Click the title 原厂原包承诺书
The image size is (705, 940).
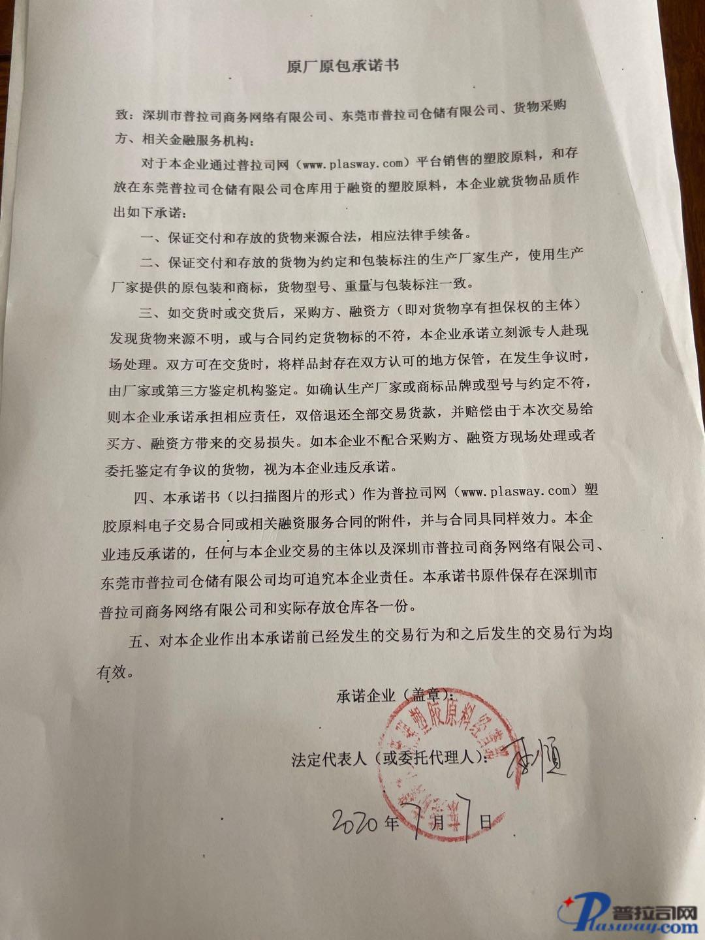(343, 66)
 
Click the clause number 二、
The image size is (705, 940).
(153, 262)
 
